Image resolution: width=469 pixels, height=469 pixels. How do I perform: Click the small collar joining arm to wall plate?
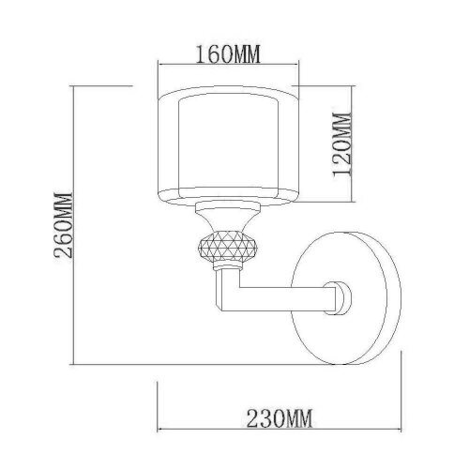click(x=339, y=298)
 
